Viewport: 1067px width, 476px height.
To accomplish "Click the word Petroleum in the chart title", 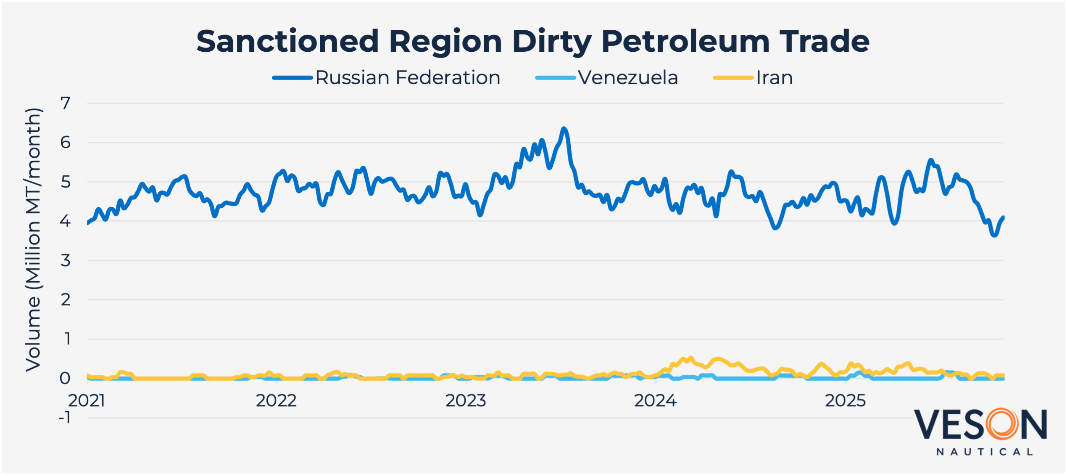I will [685, 41].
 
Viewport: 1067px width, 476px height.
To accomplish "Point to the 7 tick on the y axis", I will [66, 103].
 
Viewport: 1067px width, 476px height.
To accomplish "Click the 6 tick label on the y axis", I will [66, 143].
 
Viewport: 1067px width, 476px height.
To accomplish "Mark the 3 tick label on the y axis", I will [66, 261].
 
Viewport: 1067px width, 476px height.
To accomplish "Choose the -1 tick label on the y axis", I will [64, 418].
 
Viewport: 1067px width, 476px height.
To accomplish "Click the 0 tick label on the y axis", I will [65, 378].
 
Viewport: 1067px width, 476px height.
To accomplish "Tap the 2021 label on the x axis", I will [87, 401].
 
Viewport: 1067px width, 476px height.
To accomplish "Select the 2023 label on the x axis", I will [466, 401].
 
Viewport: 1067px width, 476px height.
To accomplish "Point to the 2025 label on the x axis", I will [845, 401].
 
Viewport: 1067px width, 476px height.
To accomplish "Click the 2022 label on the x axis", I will [276, 401].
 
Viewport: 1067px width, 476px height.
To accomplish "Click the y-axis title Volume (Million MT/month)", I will [33, 240].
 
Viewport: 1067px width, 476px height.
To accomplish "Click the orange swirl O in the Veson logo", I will [1002, 424].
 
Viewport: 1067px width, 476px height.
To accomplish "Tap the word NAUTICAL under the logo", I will [985, 452].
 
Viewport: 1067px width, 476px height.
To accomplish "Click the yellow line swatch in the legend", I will [733, 78].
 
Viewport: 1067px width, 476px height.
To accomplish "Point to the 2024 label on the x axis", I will [655, 401].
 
